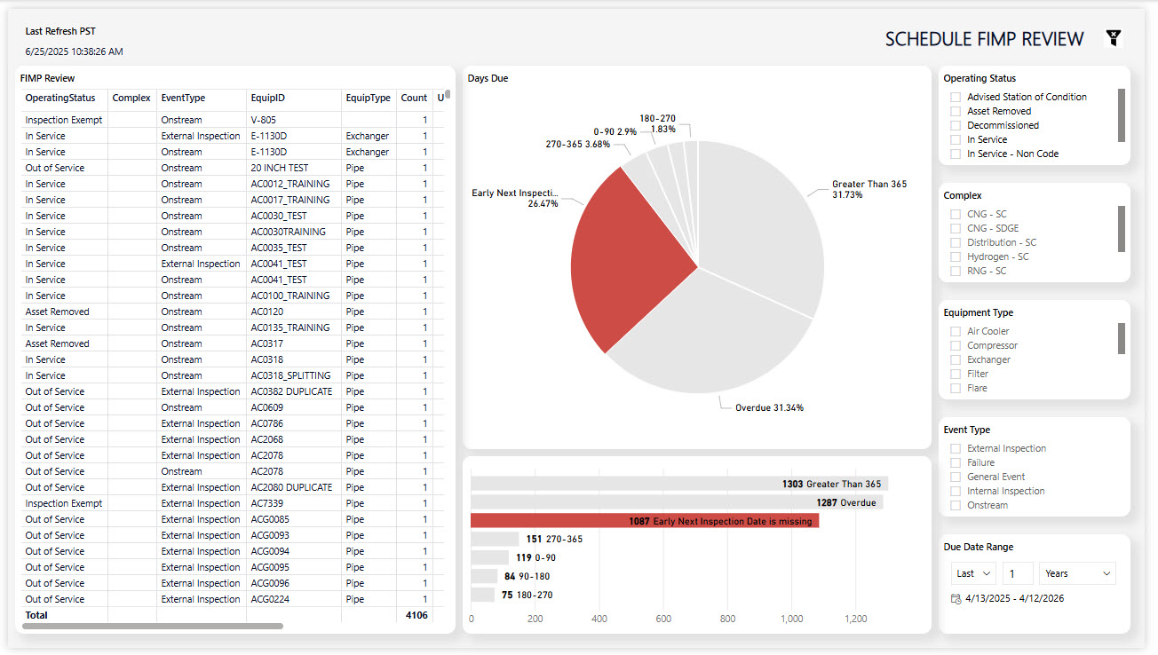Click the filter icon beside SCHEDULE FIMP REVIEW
click(x=1114, y=37)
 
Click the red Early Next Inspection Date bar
click(x=645, y=521)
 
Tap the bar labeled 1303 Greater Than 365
click(x=679, y=484)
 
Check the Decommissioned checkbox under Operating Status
click(x=956, y=125)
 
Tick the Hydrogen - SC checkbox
click(x=956, y=256)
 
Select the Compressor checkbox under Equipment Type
click(x=956, y=345)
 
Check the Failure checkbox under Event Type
click(x=956, y=462)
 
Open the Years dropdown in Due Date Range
click(x=1077, y=573)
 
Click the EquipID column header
click(x=268, y=98)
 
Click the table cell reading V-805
click(x=264, y=120)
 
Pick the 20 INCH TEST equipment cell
click(x=280, y=168)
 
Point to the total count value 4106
click(x=416, y=615)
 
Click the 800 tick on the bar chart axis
click(x=727, y=619)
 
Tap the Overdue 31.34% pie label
click(x=769, y=407)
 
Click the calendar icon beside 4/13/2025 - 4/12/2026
click(x=956, y=599)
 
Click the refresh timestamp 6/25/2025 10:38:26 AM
click(x=74, y=51)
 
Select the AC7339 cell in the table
click(x=267, y=503)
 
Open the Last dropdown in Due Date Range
click(x=973, y=573)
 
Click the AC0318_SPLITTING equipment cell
click(x=290, y=375)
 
